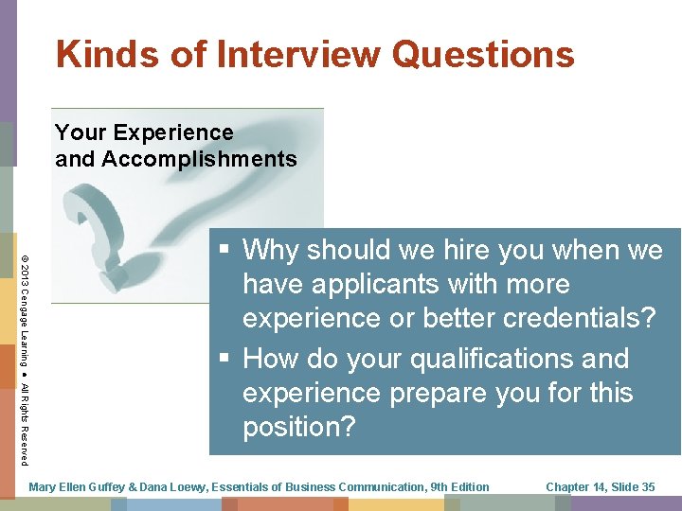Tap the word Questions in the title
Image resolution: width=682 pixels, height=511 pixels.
[483, 54]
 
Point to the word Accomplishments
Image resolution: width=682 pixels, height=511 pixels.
[199, 159]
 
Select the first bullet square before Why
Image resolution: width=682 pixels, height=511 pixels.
[224, 251]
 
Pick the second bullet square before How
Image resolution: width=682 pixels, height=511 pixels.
[224, 360]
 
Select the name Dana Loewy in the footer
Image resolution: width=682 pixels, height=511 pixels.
[170, 487]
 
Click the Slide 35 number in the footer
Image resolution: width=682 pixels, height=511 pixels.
[633, 487]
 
